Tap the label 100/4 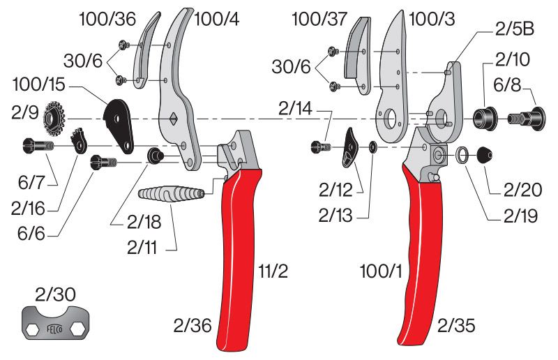tap(217, 20)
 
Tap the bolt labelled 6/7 tap(38, 147)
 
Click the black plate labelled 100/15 tap(119, 124)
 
